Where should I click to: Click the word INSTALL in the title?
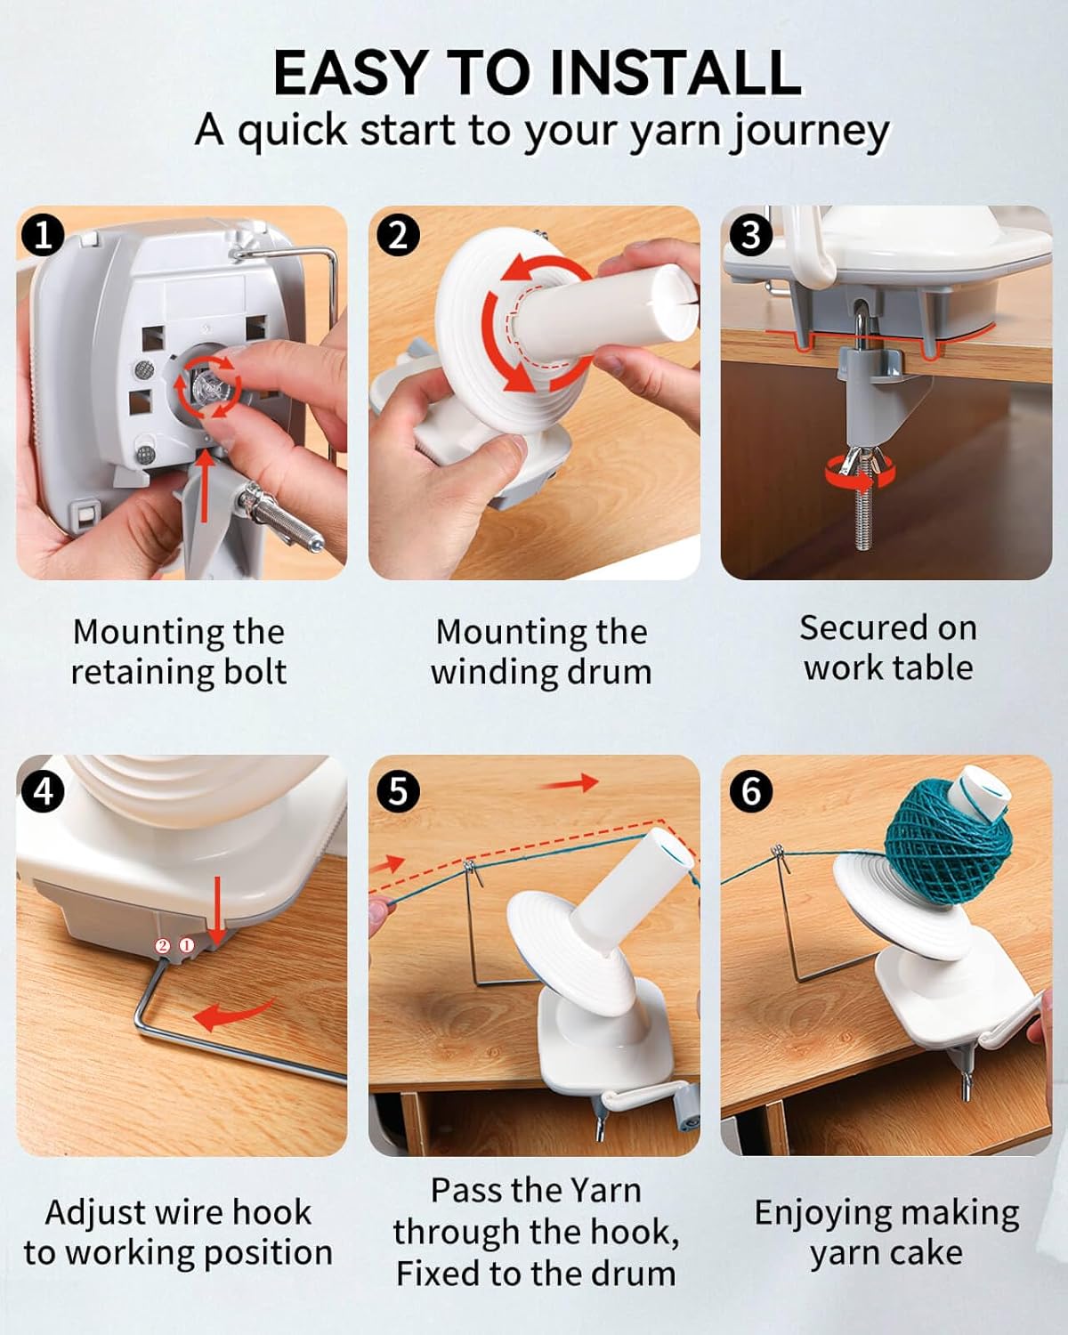[676, 72]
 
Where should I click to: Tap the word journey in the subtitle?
[809, 132]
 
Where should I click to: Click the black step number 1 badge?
[42, 237]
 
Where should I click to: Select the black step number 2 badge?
[398, 237]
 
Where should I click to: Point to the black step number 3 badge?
[750, 237]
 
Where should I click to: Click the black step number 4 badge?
[42, 791]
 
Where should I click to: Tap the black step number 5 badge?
[398, 791]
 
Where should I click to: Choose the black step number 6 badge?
[750, 791]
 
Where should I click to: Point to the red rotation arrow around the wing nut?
[860, 474]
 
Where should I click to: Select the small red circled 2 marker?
[163, 945]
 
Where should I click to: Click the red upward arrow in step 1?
[206, 484]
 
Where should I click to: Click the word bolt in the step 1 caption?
[255, 671]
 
